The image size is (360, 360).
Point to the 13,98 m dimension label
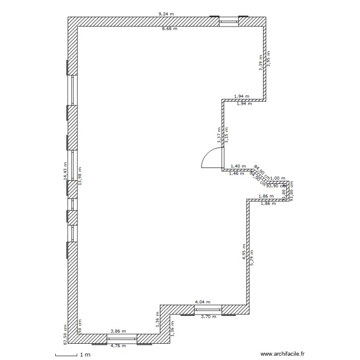80,176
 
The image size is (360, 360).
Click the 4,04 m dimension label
202,302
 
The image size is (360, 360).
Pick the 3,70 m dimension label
208,316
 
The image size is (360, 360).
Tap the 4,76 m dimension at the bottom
118,346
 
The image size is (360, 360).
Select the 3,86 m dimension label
118,331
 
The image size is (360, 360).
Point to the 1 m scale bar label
85,355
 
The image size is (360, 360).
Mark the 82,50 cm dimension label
64,333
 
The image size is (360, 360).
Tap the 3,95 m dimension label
269,59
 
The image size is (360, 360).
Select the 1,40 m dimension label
238,166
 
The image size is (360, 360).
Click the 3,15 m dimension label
227,135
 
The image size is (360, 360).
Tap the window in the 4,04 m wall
208,310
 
